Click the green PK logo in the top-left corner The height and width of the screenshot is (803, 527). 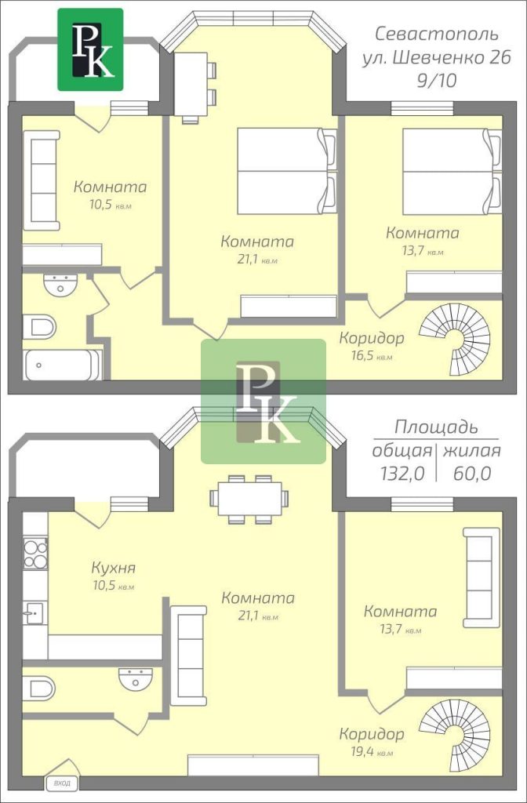coord(90,49)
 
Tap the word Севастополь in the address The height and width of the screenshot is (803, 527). coord(436,35)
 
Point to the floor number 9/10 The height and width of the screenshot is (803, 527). coord(436,81)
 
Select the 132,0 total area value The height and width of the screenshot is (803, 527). coord(402,474)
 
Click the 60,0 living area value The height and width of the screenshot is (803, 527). coord(471,474)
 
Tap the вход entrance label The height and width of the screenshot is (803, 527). coord(62,783)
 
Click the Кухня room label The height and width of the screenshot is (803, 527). coord(113,568)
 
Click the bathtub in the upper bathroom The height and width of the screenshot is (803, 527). coord(62,365)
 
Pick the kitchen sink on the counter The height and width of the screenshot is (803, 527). coord(35,612)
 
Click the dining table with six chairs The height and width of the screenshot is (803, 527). coord(249,500)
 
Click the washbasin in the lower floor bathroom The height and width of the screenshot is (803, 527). coord(135,678)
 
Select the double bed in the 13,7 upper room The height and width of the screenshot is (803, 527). coord(452,171)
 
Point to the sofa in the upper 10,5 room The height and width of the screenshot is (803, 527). coord(42,180)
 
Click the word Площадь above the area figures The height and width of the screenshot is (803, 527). coord(436,427)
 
